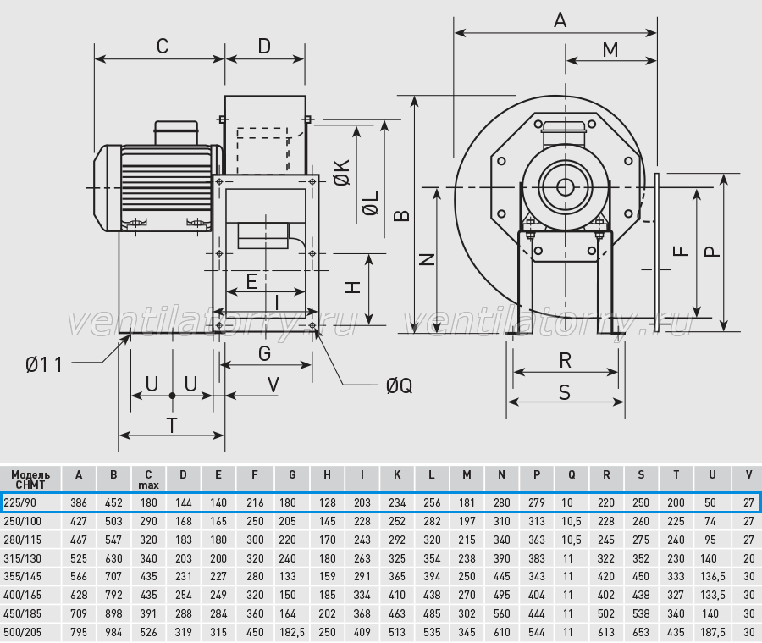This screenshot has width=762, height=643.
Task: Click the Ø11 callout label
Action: (x=44, y=364)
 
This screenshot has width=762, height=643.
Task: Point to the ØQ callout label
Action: (x=399, y=385)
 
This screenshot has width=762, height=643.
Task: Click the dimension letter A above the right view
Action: (x=560, y=20)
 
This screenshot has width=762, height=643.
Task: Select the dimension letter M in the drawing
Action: (x=610, y=50)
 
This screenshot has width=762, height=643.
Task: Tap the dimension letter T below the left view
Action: (x=172, y=425)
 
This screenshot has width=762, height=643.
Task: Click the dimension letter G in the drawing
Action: (x=264, y=353)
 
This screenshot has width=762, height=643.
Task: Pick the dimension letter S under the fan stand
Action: (x=564, y=392)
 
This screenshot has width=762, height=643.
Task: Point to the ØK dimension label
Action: (x=342, y=172)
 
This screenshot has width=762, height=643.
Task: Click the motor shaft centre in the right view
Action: (x=566, y=187)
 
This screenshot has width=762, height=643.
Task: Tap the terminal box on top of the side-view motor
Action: (x=176, y=133)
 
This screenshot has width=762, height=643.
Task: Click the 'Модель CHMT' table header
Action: (x=30, y=479)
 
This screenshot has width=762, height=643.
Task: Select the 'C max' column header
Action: (x=149, y=479)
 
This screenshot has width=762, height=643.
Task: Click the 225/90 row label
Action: (x=20, y=502)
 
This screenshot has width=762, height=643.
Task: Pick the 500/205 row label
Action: (x=22, y=632)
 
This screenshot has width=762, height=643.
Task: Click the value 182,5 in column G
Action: (x=292, y=632)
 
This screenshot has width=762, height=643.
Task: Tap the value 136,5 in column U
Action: (x=712, y=576)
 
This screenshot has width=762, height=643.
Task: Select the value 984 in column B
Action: (x=113, y=632)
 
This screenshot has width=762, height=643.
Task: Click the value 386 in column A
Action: (x=79, y=502)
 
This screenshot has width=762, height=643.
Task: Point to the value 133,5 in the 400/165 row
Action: (x=712, y=595)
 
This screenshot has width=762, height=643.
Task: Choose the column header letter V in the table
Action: (x=748, y=474)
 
